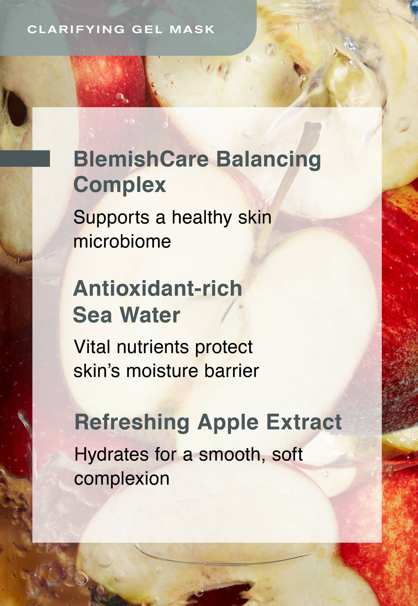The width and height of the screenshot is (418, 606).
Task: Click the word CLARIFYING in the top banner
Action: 76,29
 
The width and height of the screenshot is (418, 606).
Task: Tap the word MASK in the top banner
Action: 192,29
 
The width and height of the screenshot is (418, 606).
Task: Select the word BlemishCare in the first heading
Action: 141,159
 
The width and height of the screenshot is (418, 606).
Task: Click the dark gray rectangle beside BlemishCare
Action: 25,159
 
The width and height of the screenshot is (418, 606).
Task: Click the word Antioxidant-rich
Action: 157,288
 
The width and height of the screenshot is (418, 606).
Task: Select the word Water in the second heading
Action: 150,315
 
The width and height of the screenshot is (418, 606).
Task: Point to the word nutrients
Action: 153,347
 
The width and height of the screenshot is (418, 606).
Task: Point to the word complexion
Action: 122,479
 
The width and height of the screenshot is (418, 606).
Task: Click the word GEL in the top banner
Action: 147,29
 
